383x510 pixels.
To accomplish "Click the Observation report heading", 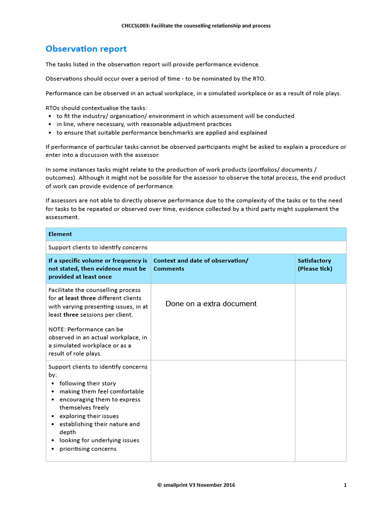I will coord(86,49).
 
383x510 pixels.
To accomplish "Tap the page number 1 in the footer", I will coord(345,485).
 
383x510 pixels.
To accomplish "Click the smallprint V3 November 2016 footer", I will coord(196,485).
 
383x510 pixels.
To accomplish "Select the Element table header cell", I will coord(60,234).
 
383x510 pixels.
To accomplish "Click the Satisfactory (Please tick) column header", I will coord(315,264).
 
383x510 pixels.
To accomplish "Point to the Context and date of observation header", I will coord(200,261).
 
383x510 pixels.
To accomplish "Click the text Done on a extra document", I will coord(211,304).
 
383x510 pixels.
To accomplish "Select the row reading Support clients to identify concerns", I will coord(98,247).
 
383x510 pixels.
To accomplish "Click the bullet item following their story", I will coord(87,383).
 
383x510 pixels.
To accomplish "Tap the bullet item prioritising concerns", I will coord(88,449).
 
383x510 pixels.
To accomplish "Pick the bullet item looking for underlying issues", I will coord(99,440).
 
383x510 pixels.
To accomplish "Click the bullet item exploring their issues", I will coord(89,416).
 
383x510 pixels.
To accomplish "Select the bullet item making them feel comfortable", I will coord(101,391).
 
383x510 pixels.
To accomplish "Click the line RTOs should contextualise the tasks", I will coord(96,108).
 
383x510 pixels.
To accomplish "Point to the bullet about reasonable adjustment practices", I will coord(144,124).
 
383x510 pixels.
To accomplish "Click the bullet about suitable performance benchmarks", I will coord(161,132).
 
